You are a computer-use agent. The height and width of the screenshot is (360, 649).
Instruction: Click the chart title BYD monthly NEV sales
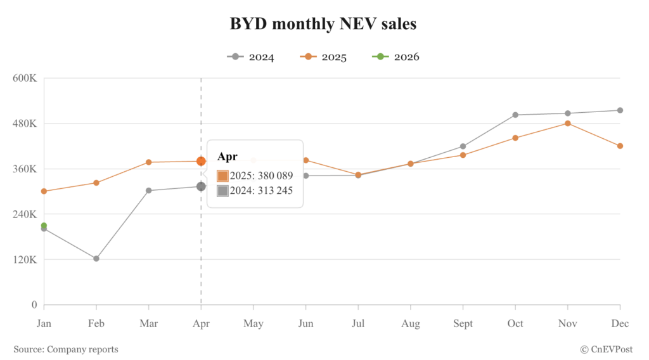pyautogui.click(x=323, y=24)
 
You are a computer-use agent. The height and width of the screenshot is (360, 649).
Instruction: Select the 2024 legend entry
pyautogui.click(x=251, y=57)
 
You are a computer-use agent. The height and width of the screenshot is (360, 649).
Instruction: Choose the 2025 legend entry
pyautogui.click(x=324, y=57)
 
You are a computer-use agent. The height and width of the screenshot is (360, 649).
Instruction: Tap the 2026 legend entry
pyautogui.click(x=397, y=57)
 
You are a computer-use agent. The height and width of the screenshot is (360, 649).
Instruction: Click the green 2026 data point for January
pyautogui.click(x=44, y=226)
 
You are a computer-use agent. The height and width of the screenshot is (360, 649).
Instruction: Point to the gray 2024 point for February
pyautogui.click(x=96, y=259)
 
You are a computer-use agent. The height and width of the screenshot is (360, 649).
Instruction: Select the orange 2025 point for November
pyautogui.click(x=567, y=124)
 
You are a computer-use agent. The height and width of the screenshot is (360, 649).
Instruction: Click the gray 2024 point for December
pyautogui.click(x=620, y=110)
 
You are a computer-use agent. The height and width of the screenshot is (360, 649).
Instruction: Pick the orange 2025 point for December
pyautogui.click(x=620, y=146)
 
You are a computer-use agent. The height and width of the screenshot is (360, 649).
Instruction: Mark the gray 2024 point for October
pyautogui.click(x=515, y=115)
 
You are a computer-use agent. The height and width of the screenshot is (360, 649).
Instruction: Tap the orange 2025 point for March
pyautogui.click(x=149, y=162)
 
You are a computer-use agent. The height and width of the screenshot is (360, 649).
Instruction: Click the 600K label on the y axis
pyautogui.click(x=25, y=78)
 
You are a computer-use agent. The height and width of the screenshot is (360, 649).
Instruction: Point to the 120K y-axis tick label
pyautogui.click(x=25, y=259)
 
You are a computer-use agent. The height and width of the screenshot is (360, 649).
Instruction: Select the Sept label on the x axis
pyautogui.click(x=463, y=324)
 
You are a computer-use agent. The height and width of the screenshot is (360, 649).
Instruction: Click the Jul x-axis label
pyautogui.click(x=358, y=324)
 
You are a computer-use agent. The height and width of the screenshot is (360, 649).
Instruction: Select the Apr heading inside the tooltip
pyautogui.click(x=227, y=157)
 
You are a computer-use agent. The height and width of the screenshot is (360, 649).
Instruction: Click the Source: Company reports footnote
pyautogui.click(x=66, y=349)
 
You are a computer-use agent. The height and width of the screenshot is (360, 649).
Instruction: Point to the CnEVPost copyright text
pyautogui.click(x=608, y=349)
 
